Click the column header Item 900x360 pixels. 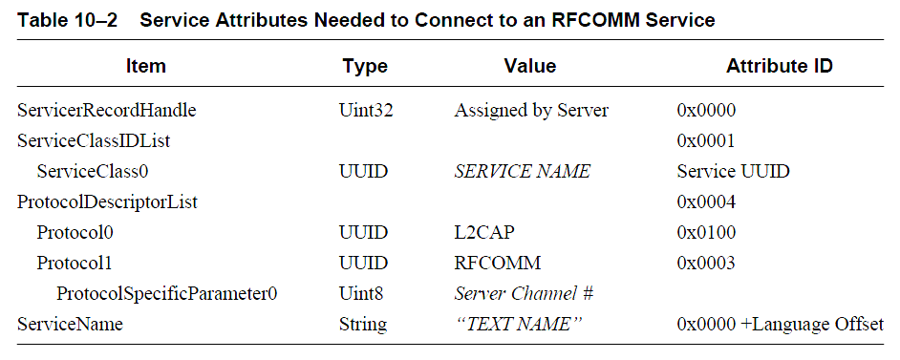(x=145, y=66)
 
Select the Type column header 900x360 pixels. (x=365, y=66)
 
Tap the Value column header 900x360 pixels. (x=530, y=66)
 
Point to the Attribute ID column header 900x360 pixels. (x=779, y=66)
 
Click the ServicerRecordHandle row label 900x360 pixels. (x=107, y=110)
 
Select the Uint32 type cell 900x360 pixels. (x=366, y=110)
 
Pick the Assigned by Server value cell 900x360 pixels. (x=531, y=110)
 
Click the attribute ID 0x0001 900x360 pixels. (x=706, y=140)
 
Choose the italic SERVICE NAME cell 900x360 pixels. (x=522, y=171)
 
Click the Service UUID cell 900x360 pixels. (x=732, y=171)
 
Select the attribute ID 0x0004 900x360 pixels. (x=706, y=201)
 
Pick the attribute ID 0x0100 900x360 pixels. (x=706, y=232)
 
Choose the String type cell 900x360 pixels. (x=363, y=324)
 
